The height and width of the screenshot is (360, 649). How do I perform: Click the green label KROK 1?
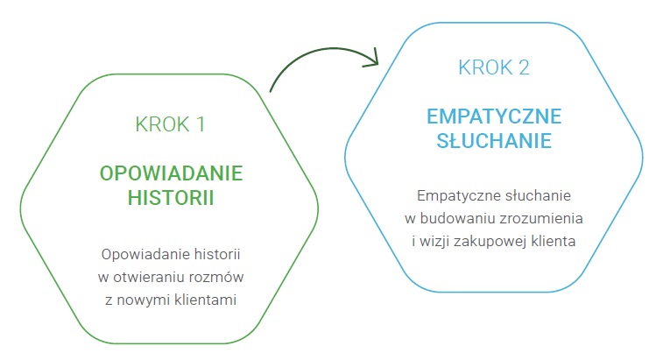[x=170, y=124]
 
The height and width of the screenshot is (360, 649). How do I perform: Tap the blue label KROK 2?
[x=494, y=67]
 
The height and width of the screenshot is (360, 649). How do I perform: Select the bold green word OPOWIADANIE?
[x=171, y=173]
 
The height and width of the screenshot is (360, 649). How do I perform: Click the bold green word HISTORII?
[x=171, y=197]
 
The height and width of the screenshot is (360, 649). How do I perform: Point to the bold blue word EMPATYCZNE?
[x=494, y=116]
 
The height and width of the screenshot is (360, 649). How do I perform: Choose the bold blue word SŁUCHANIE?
[x=494, y=140]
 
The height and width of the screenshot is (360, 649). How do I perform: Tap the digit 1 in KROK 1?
[x=201, y=124]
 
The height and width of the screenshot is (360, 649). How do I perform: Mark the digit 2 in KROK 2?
[x=524, y=67]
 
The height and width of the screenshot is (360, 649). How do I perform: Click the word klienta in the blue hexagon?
[x=556, y=241]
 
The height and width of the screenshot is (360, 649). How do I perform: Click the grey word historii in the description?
[x=217, y=254]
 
